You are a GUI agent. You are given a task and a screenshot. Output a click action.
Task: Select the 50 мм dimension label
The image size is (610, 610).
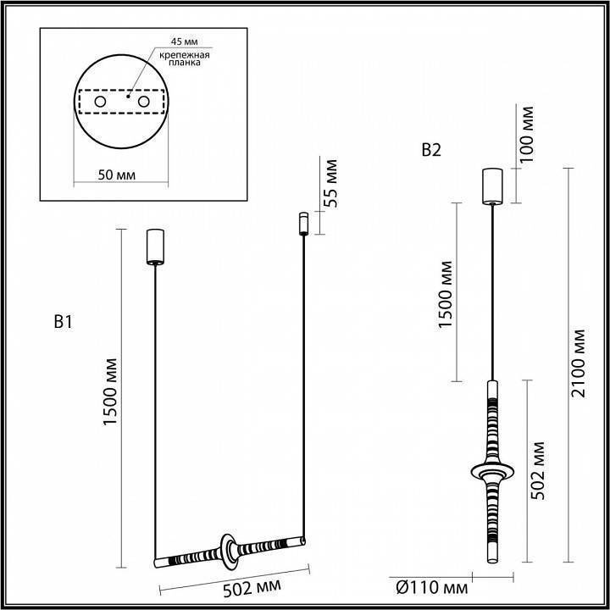tap(118, 175)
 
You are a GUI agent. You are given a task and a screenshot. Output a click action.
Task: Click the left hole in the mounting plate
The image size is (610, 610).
tap(101, 103)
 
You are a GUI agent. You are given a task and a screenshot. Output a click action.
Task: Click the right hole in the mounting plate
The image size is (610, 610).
tap(144, 103)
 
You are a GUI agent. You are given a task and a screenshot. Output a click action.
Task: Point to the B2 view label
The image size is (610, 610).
tap(431, 151)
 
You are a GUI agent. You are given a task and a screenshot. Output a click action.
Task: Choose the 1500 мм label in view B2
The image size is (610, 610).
tap(446, 291)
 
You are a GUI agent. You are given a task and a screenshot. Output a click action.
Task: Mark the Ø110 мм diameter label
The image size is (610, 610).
tap(432, 587)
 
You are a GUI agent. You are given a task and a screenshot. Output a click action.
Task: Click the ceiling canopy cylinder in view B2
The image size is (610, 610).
tap(492, 186)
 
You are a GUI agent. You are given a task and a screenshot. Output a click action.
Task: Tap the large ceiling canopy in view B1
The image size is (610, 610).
tap(154, 246)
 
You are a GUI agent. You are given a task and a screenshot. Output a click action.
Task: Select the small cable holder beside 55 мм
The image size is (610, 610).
tap(301, 224)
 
